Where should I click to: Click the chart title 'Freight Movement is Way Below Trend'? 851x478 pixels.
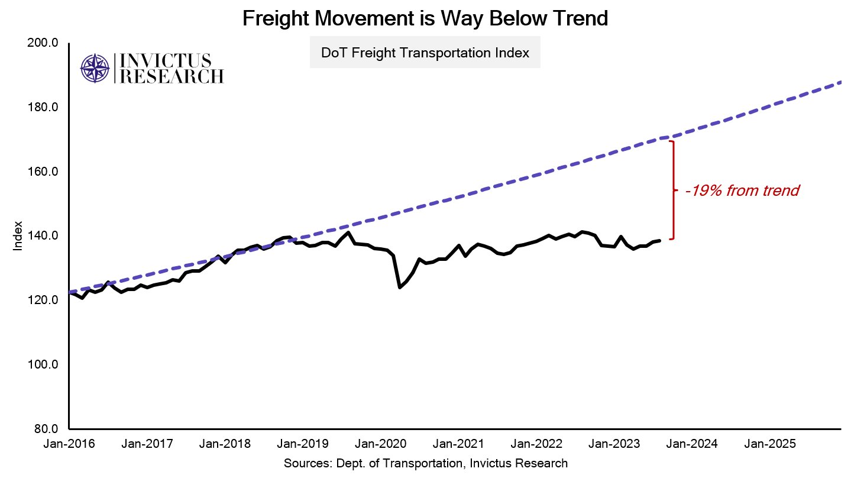[x=425, y=19]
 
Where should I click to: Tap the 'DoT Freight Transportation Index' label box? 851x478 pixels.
[x=425, y=53]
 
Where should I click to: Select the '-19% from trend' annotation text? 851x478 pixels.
[x=742, y=191]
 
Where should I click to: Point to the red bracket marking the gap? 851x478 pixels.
[x=673, y=190]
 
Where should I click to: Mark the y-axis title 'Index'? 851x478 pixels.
[x=18, y=236]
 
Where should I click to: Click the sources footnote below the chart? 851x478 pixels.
[x=425, y=463]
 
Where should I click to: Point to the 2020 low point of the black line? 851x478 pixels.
[x=400, y=288]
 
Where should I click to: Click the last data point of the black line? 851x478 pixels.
[x=659, y=240]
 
